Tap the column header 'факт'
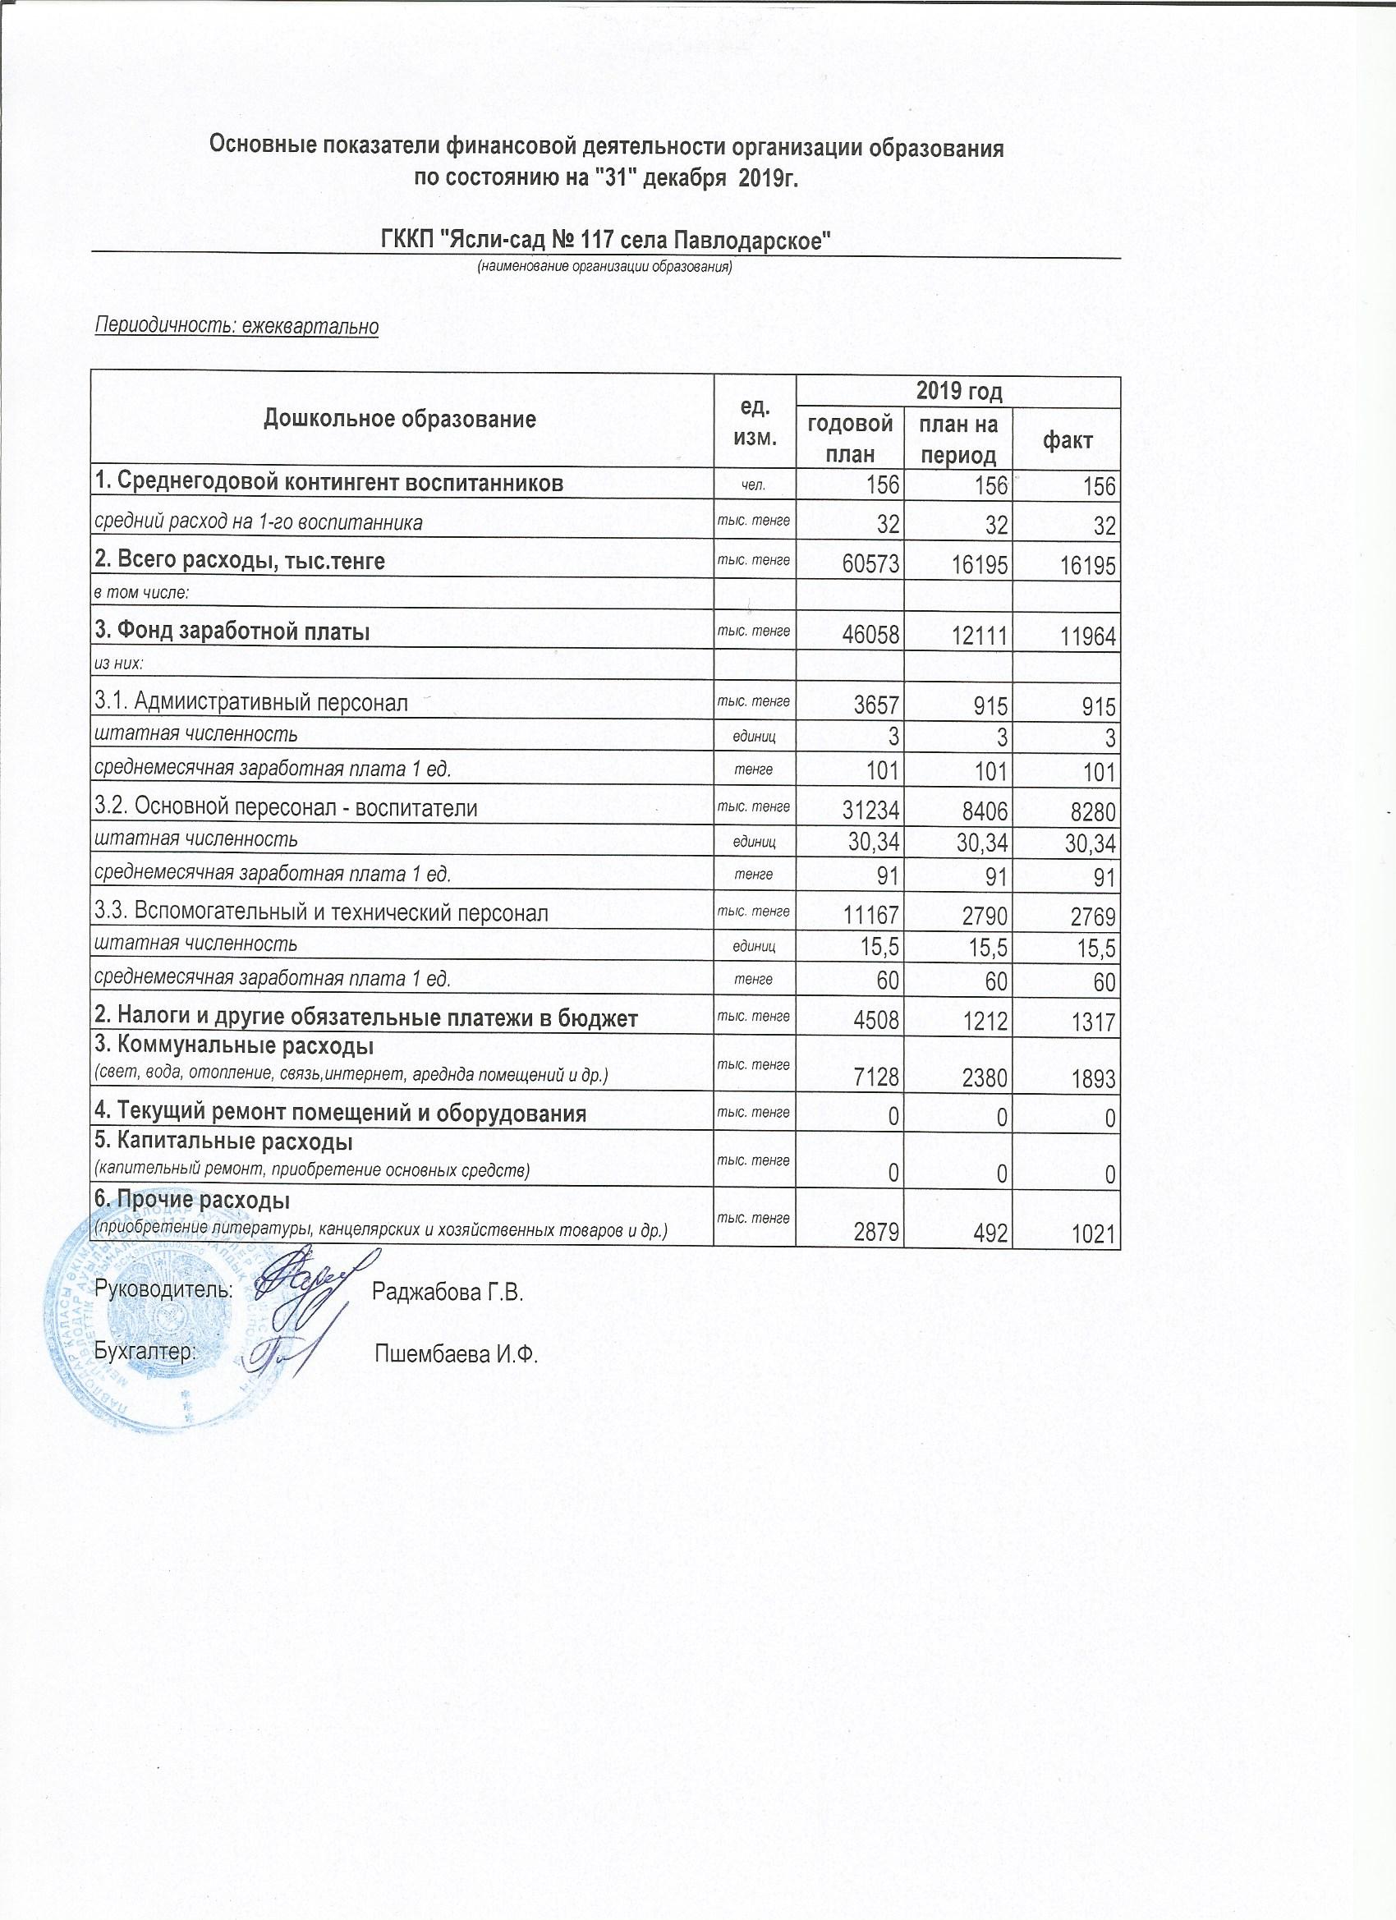(x=1068, y=440)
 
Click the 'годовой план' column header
(x=850, y=439)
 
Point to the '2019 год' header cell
(x=958, y=391)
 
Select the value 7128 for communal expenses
(x=875, y=1078)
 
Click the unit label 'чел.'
(x=754, y=485)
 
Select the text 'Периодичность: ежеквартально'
(x=236, y=327)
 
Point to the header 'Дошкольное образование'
(x=401, y=419)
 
